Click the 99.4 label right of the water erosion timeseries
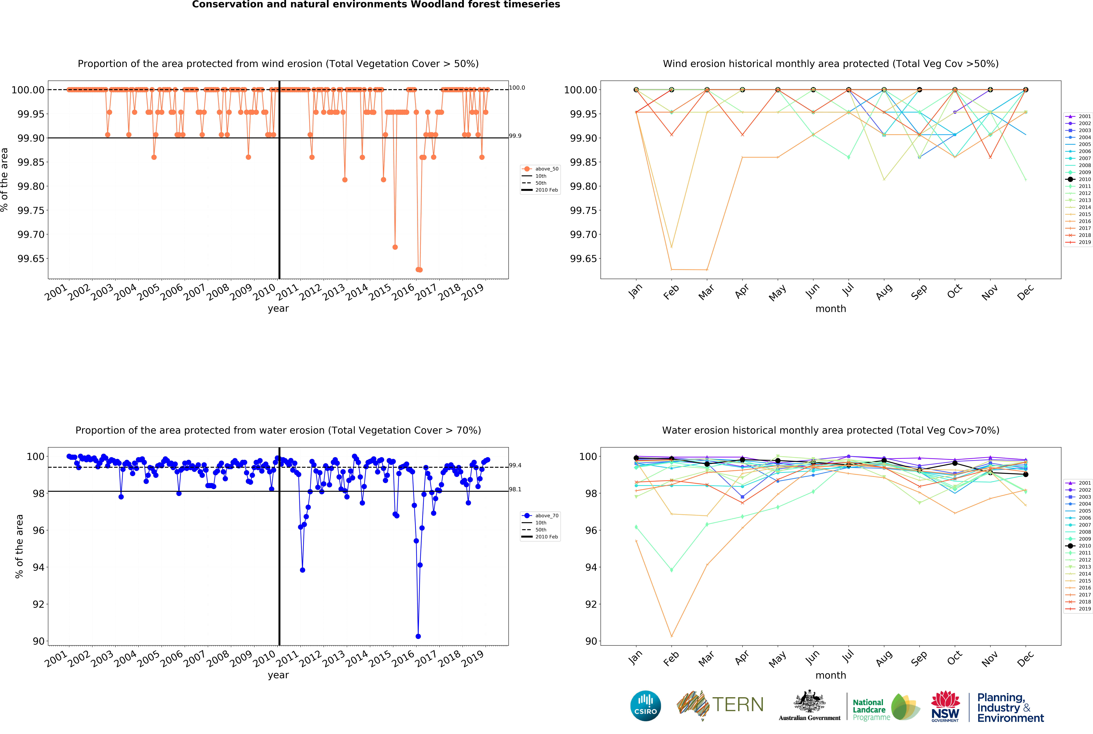point(515,465)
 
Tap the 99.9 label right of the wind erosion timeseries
point(515,136)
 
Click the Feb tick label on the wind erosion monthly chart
point(671,292)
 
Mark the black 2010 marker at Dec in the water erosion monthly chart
point(1026,474)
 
